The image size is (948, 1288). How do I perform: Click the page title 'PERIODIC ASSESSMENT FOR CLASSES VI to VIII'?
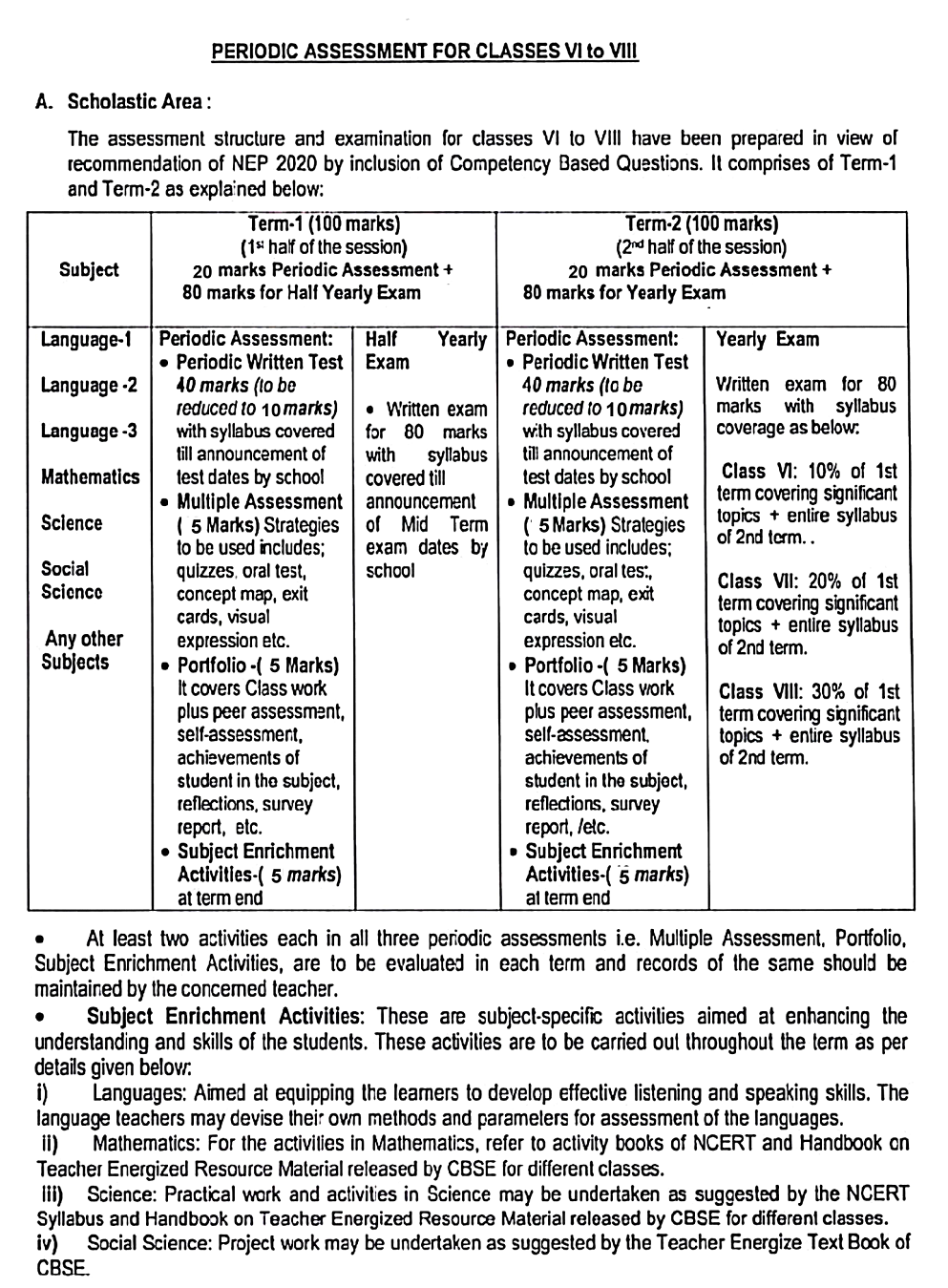pyautogui.click(x=425, y=52)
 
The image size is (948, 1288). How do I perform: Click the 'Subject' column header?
pyautogui.click(x=89, y=269)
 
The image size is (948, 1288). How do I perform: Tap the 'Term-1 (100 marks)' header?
pyautogui.click(x=323, y=224)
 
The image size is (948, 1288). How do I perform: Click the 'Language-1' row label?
pyautogui.click(x=87, y=340)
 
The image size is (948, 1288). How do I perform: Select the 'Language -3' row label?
pyautogui.click(x=89, y=431)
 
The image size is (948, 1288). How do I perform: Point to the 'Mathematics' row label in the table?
pyautogui.click(x=90, y=476)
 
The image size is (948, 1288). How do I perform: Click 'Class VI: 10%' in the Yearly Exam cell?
pyautogui.click(x=781, y=472)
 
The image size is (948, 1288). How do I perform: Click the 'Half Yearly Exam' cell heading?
pyautogui.click(x=426, y=350)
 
